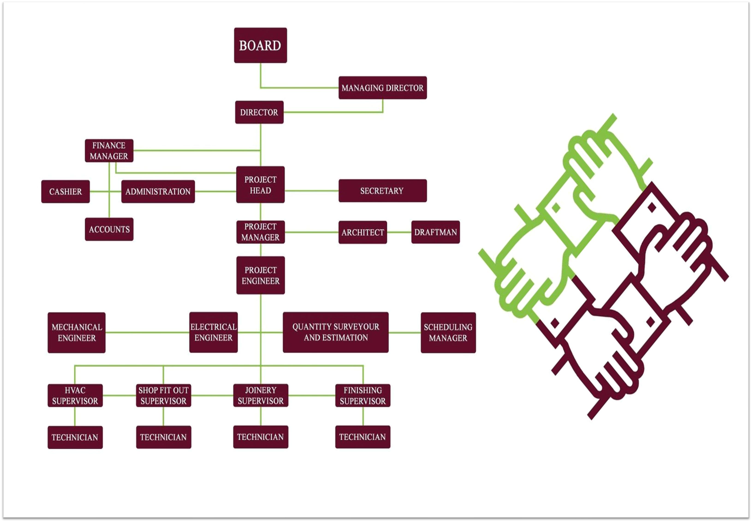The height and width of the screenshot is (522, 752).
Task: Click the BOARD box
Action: coord(260,45)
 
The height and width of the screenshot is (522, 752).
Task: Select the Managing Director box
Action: coord(382,88)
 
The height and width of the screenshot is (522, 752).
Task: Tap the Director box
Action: coord(259,112)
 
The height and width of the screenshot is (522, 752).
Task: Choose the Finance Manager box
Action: coord(109,151)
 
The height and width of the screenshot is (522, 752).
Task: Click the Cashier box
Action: coord(65,191)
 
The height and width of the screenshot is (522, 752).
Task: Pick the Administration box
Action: coord(158,191)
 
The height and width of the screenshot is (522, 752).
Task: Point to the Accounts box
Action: coord(109,229)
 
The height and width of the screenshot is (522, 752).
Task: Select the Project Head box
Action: coord(260,185)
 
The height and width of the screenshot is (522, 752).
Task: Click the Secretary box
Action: coord(382,191)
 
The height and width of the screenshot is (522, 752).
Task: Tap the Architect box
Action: coord(363,232)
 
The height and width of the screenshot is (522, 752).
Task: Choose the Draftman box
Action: coord(435,232)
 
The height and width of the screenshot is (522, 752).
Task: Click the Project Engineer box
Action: coord(260,275)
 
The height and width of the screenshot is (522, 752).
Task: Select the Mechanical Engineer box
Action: coord(77,333)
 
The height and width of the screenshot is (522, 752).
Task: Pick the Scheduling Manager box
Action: coord(448,333)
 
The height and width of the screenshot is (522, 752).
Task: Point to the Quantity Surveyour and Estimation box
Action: coord(336,332)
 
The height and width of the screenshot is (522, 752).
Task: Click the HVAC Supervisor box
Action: coord(75,395)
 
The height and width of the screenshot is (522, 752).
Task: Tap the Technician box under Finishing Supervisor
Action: coord(363,437)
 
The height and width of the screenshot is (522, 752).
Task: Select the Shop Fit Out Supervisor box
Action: coord(163,395)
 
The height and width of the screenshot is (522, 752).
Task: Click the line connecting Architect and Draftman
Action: coord(399,232)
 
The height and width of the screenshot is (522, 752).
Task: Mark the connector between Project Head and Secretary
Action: coord(311,191)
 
